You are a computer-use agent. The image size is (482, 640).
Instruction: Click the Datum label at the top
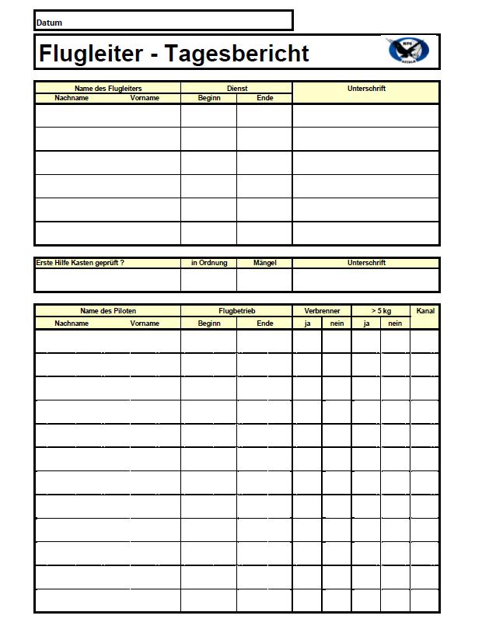pyautogui.click(x=49, y=23)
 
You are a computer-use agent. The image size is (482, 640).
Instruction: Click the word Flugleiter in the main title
pyautogui.click(x=91, y=54)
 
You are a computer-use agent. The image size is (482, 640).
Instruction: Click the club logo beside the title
pyautogui.click(x=408, y=51)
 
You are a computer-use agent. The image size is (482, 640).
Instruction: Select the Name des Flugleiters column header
pyautogui.click(x=107, y=89)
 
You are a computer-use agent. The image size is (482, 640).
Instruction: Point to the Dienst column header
pyautogui.click(x=236, y=89)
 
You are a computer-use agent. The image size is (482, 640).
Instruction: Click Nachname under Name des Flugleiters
pyautogui.click(x=72, y=98)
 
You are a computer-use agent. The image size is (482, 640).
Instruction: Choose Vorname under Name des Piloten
pyautogui.click(x=145, y=323)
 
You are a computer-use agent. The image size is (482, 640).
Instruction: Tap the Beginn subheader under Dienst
pyautogui.click(x=209, y=98)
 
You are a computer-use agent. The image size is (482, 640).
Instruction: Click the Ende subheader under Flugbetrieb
pyautogui.click(x=264, y=323)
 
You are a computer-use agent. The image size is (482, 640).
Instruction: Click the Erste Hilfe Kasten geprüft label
pyautogui.click(x=80, y=263)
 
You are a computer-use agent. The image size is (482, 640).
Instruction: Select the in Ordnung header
pyautogui.click(x=209, y=263)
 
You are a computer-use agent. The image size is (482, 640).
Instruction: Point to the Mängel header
pyautogui.click(x=264, y=263)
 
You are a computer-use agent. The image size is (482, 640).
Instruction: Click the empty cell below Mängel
pyautogui.click(x=264, y=280)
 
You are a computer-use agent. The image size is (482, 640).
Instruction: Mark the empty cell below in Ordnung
pyautogui.click(x=209, y=280)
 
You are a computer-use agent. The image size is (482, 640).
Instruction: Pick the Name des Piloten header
pyautogui.click(x=107, y=311)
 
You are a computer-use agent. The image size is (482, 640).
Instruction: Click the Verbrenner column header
pyautogui.click(x=322, y=311)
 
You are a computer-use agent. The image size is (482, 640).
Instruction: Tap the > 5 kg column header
pyautogui.click(x=381, y=311)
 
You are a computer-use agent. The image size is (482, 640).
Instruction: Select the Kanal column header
pyautogui.click(x=425, y=311)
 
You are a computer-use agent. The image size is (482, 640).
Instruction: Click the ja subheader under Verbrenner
pyautogui.click(x=307, y=323)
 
